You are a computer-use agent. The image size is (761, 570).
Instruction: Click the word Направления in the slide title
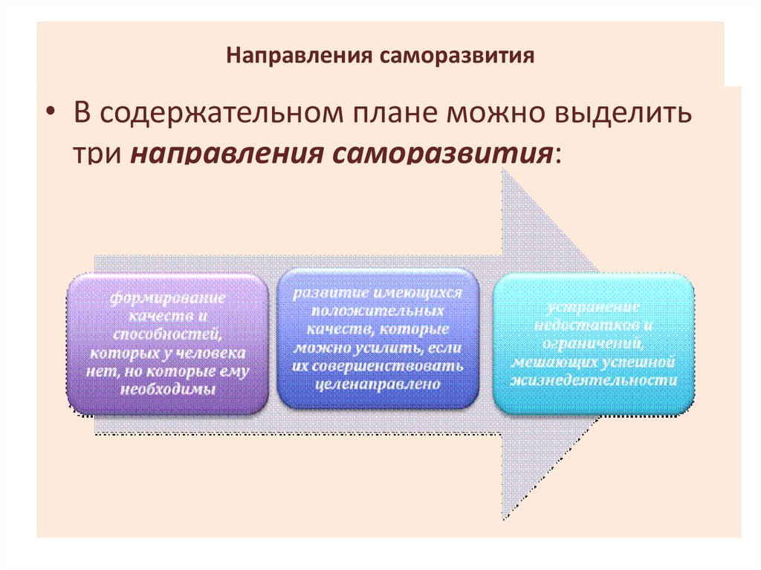click(299, 56)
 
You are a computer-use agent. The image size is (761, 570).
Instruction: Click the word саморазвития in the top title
click(457, 56)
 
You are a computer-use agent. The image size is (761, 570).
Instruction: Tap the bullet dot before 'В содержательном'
click(51, 111)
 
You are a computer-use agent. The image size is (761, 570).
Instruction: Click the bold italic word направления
click(227, 154)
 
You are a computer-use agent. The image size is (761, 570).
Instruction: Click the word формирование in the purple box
click(168, 298)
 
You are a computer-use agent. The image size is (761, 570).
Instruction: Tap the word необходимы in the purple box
click(168, 389)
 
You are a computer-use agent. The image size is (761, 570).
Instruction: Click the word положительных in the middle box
click(378, 311)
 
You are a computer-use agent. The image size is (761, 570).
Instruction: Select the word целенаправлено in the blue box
click(378, 384)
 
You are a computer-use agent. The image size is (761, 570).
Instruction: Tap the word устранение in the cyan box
click(593, 307)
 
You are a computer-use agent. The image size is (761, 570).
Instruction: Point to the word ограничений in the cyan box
click(593, 344)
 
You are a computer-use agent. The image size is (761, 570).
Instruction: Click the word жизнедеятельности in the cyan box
click(593, 380)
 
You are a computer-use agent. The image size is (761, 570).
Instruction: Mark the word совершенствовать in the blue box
click(387, 366)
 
